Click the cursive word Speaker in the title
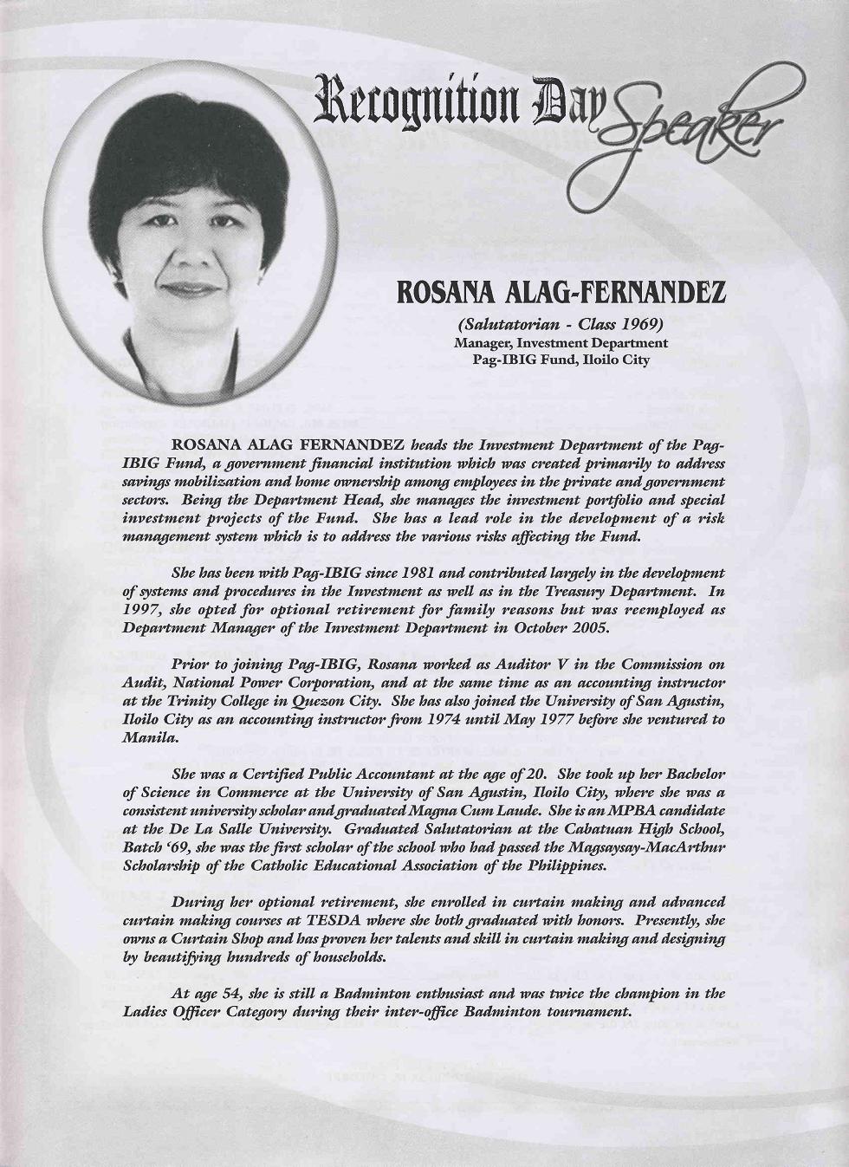pyautogui.click(x=684, y=130)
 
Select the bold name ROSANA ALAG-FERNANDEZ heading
pyautogui.click(x=561, y=295)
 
